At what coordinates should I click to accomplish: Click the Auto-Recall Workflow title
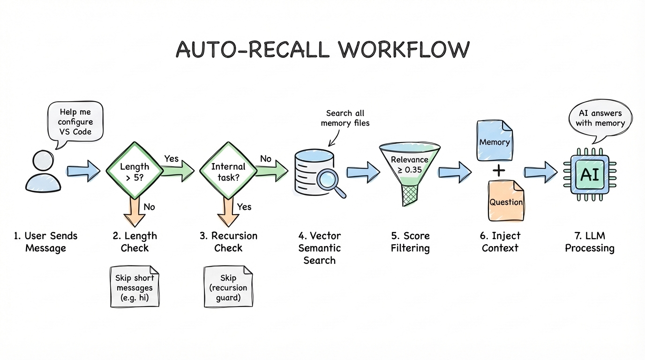[322, 50]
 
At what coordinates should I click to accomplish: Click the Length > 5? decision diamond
[135, 172]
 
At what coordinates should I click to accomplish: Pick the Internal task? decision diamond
[228, 172]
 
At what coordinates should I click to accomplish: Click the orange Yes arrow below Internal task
[228, 211]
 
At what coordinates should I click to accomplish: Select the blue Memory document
[495, 141]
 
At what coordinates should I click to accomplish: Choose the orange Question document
[506, 201]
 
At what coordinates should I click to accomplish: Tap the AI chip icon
[589, 174]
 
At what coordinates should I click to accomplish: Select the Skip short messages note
[135, 286]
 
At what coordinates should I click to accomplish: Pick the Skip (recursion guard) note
[228, 286]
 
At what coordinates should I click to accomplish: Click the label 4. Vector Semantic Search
[319, 247]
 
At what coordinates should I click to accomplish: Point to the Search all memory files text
[345, 118]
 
